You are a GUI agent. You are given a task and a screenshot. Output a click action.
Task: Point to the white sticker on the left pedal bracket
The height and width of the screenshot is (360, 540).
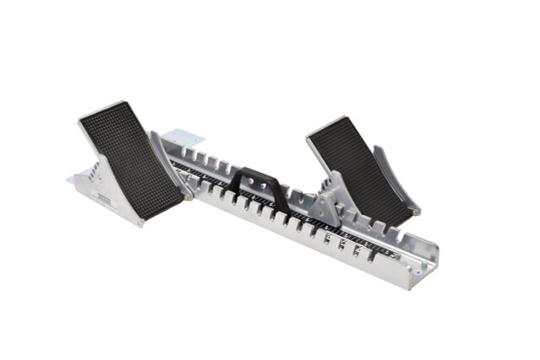coord(104,197)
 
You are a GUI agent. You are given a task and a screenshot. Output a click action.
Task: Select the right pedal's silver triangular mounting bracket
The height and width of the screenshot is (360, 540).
coord(324,203)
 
